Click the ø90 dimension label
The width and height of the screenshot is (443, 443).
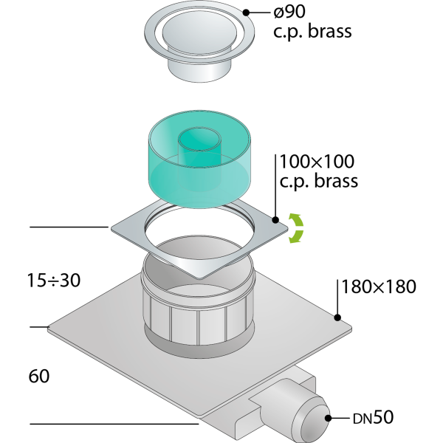click(x=289, y=12)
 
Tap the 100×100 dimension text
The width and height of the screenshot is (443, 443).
click(x=317, y=162)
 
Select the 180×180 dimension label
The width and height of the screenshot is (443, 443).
click(x=379, y=286)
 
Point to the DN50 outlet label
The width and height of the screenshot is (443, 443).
click(x=373, y=417)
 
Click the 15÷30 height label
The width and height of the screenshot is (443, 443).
click(x=54, y=281)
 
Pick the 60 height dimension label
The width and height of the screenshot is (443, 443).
click(x=39, y=376)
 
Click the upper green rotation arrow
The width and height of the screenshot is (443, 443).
click(x=296, y=221)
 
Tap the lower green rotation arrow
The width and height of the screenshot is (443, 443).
click(x=296, y=236)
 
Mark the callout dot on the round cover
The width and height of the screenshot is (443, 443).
click(x=246, y=13)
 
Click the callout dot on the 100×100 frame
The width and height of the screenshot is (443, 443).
click(x=275, y=220)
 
